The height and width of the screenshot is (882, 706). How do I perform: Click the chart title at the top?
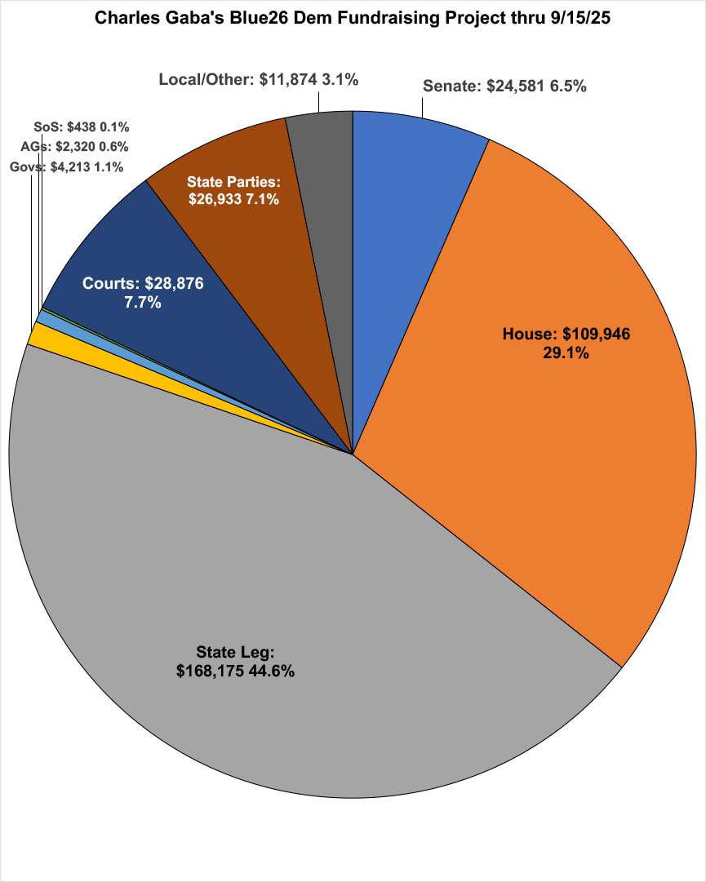point(353,16)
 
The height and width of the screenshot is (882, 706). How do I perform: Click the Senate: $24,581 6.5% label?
point(504,86)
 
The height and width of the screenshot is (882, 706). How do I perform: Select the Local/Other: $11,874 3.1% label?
point(259,79)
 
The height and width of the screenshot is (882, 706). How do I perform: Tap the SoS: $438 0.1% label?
point(82,127)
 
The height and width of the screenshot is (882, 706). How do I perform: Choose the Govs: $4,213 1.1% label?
point(67,167)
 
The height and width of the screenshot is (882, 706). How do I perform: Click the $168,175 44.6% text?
point(236,671)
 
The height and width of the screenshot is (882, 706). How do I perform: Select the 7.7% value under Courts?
point(143,303)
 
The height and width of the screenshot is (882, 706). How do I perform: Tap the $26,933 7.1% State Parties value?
point(234,197)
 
